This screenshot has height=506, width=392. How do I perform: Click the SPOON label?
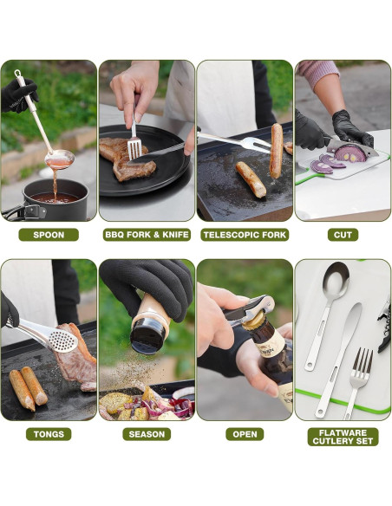point(49,235)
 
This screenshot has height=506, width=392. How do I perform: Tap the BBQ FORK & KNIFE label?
point(147,235)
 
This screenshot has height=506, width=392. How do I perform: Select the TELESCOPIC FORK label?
point(245,235)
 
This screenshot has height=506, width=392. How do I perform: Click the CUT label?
point(343,235)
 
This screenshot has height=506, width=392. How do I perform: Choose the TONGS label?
point(49,434)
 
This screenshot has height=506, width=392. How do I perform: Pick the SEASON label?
point(147,434)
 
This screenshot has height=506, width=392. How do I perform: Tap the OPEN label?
point(245,434)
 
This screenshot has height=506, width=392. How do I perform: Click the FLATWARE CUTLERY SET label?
point(343,437)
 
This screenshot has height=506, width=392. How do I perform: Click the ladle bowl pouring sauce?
point(60,159)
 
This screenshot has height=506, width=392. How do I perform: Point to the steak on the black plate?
point(126,159)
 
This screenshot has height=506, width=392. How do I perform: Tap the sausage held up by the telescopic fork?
point(277,151)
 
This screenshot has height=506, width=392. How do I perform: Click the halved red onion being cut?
point(350,153)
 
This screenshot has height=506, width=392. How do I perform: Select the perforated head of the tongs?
point(62,341)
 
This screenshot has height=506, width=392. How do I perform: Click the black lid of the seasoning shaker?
point(147,335)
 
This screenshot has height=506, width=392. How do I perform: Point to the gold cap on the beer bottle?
point(253,321)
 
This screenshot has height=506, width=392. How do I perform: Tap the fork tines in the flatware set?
point(363,360)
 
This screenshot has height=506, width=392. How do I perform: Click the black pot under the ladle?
point(55,200)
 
